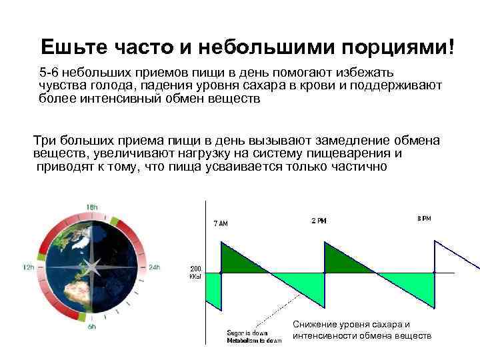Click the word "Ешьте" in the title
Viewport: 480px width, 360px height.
pos(69,47)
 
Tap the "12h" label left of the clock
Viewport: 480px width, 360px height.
pos(28,267)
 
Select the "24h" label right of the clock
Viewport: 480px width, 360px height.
pos(155,267)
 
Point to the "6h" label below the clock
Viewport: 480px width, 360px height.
pos(92,327)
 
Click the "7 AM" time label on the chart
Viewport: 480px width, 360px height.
pos(220,223)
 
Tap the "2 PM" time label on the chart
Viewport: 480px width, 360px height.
pos(319,221)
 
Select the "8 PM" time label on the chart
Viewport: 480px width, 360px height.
pos(424,219)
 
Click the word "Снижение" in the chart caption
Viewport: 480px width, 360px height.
pos(316,324)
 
